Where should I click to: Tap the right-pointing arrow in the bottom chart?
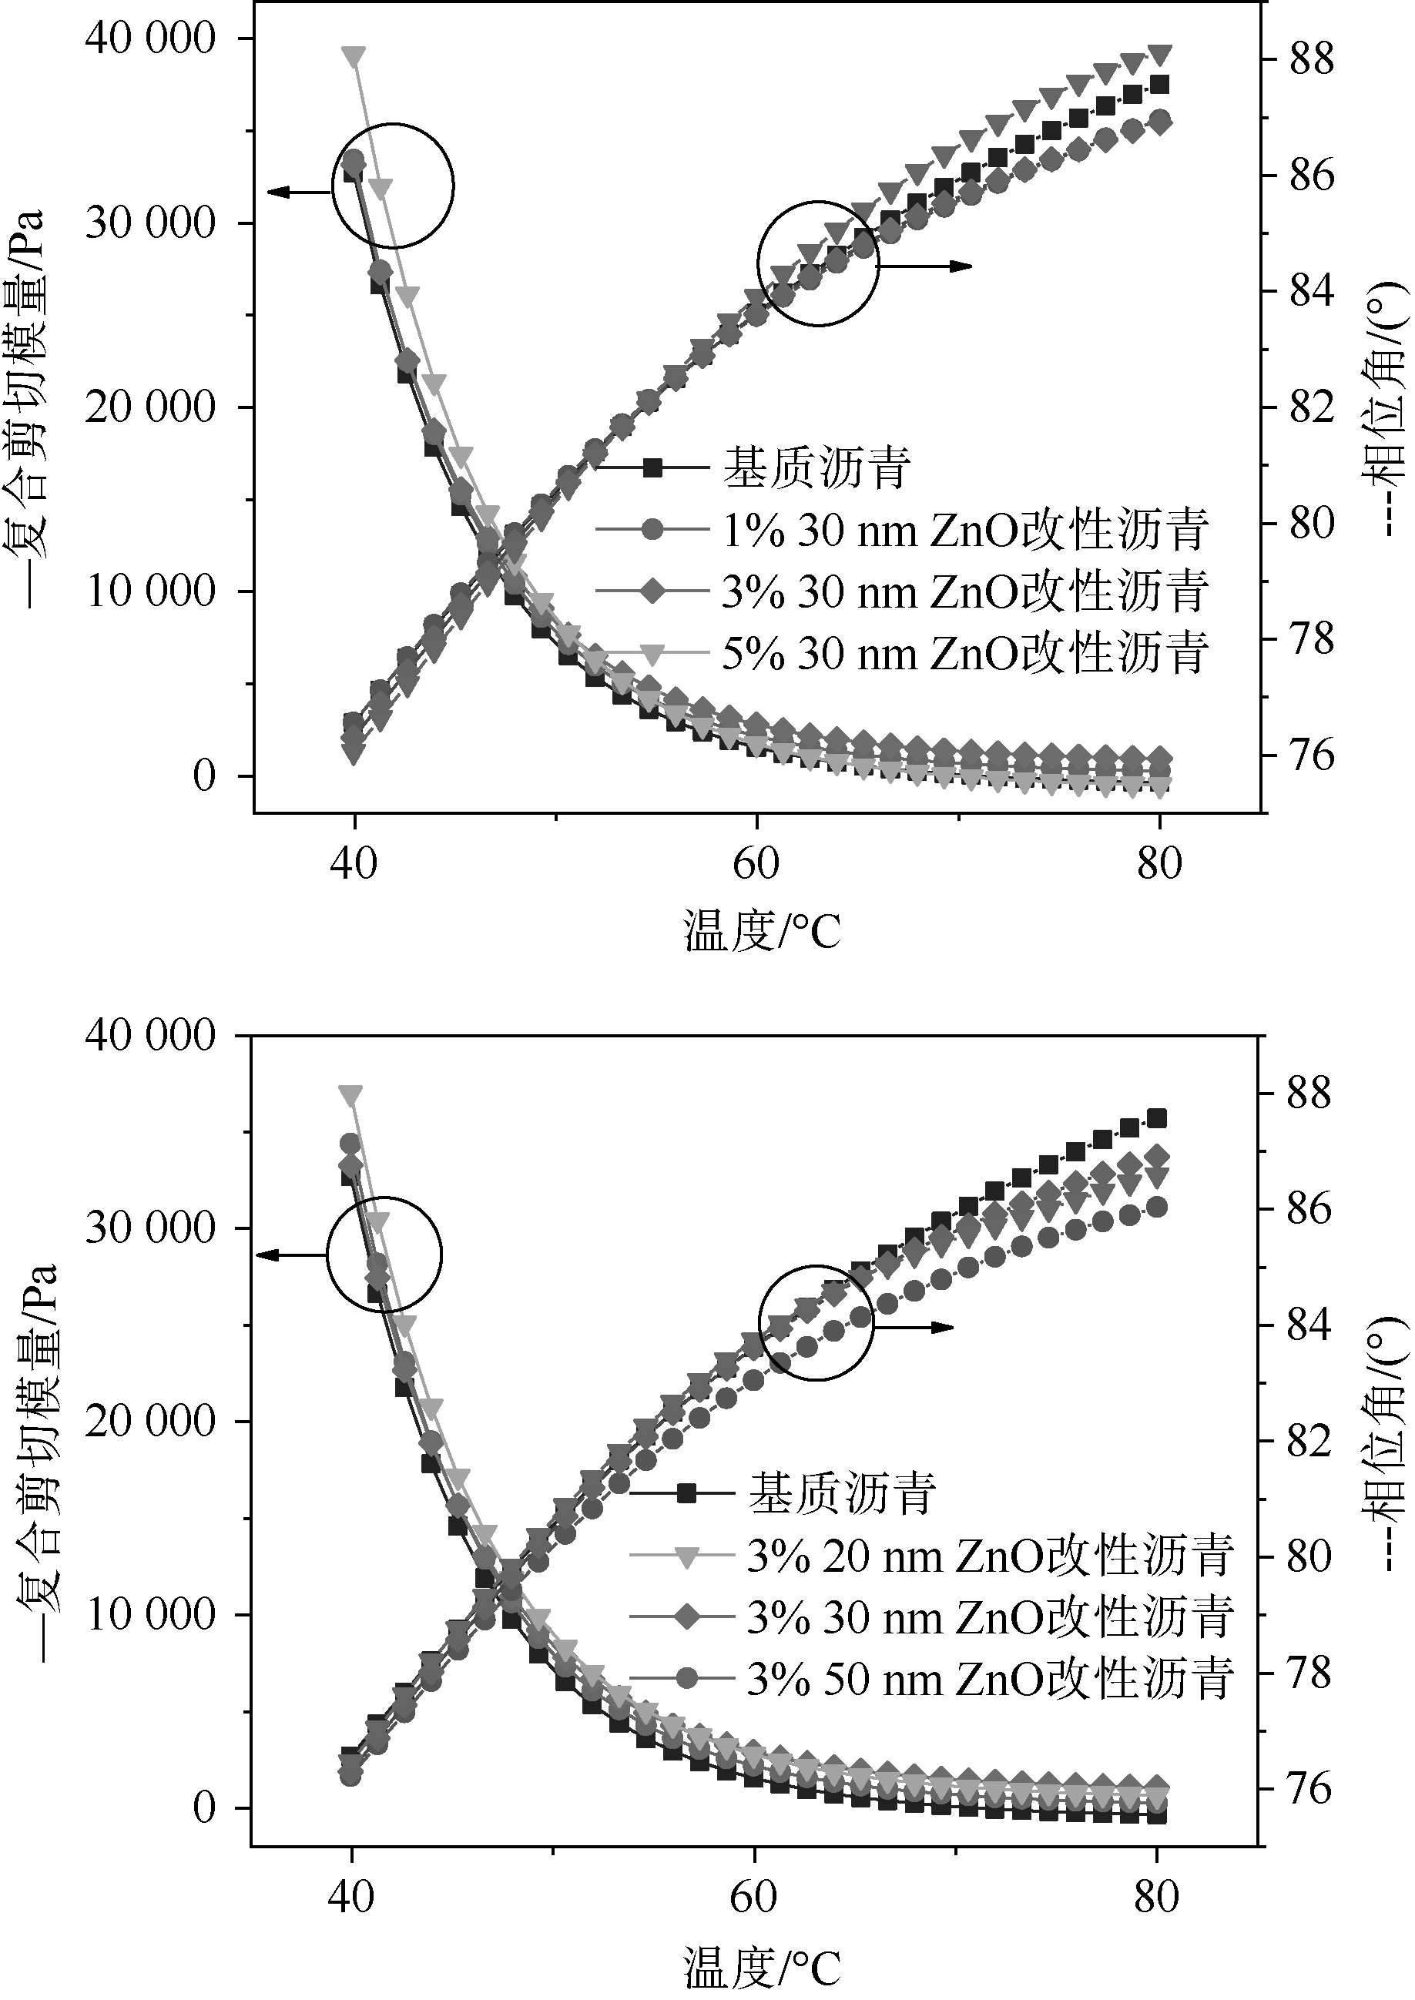point(915,1328)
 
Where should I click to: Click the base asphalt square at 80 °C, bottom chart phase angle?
point(1156,1118)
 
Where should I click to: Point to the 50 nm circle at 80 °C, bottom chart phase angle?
point(1156,1207)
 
